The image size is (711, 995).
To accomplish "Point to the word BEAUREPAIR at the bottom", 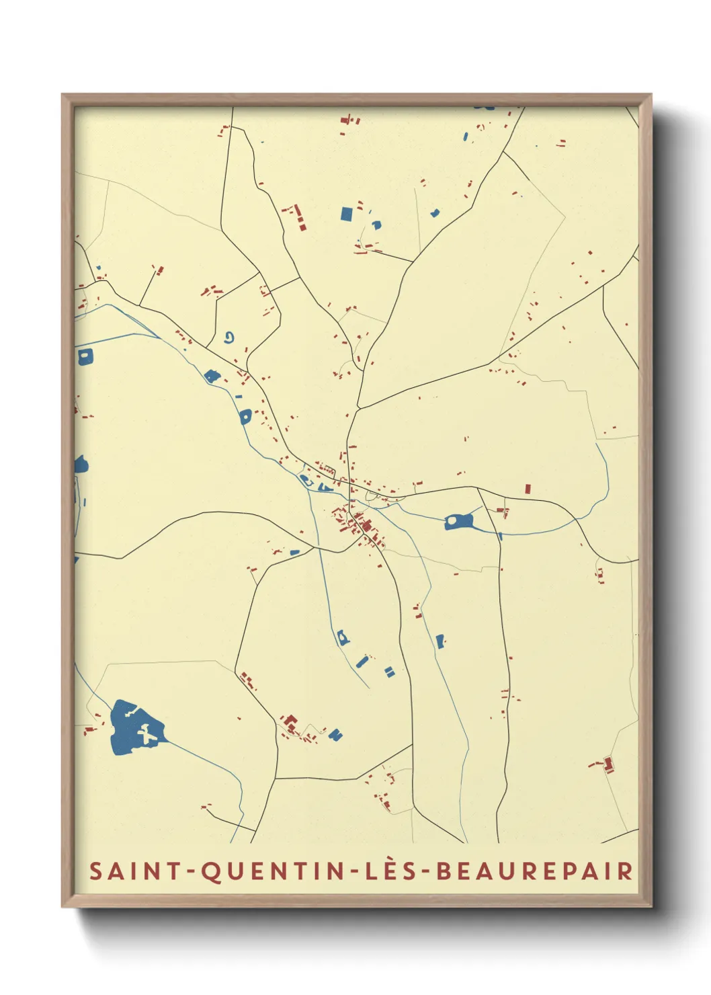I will (534, 871).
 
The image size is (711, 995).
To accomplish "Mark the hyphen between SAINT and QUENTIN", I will (191, 872).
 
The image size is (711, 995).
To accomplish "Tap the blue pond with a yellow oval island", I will (459, 521).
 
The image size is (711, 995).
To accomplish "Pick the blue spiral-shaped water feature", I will (230, 337).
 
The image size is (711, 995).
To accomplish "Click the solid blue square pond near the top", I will (346, 214).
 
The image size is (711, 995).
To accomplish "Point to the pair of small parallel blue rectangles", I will (389, 671).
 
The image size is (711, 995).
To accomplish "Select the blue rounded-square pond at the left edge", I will (85, 356).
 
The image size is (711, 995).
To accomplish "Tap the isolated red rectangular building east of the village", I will (528, 489).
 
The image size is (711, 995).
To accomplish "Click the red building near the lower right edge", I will (608, 764).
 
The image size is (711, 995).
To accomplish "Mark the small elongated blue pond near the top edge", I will (465, 137).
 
